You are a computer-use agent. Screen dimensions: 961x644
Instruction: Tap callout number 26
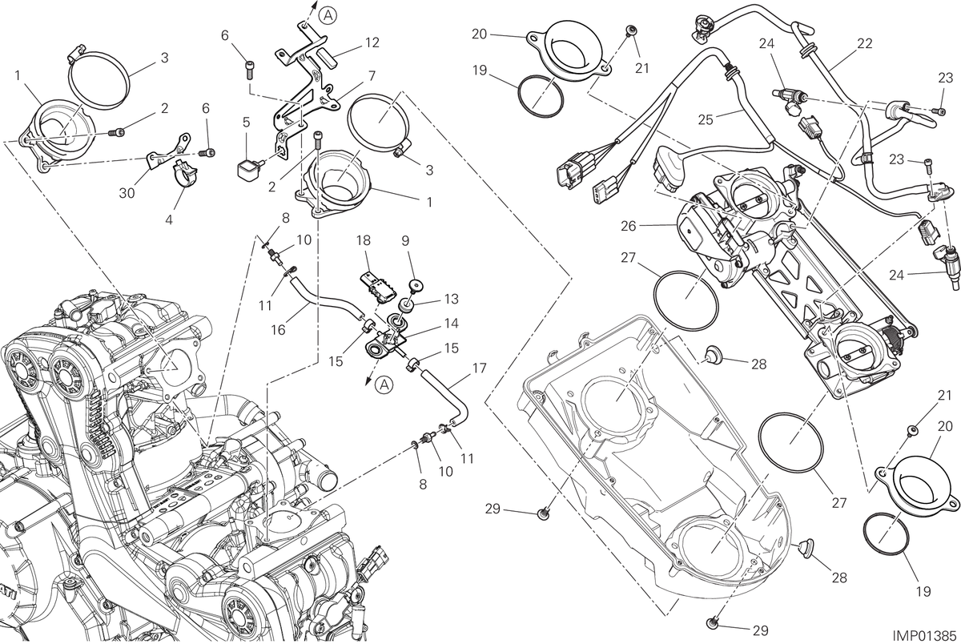tap(628, 226)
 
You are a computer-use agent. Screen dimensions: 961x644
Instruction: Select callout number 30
tap(127, 193)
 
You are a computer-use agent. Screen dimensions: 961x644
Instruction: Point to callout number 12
tap(372, 42)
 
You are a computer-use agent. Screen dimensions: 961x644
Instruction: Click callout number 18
tap(364, 240)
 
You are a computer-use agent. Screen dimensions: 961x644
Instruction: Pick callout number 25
tap(706, 119)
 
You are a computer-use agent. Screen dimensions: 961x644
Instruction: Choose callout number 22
tap(865, 43)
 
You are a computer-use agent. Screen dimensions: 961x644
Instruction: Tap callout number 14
tap(452, 323)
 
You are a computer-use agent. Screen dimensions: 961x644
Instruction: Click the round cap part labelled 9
tap(416, 286)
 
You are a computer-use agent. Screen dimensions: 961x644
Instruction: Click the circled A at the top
tap(328, 16)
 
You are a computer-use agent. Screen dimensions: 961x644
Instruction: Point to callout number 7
tap(372, 76)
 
